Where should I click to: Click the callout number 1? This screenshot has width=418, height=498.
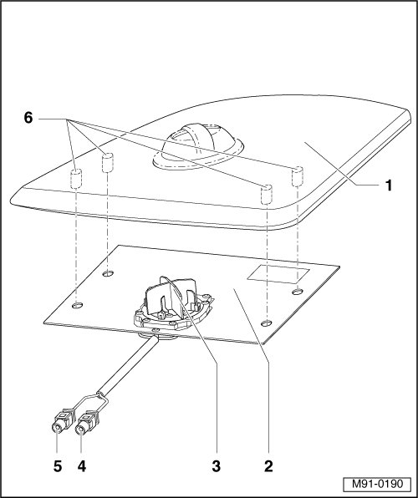click(x=389, y=185)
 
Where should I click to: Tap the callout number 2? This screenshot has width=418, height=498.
click(x=268, y=466)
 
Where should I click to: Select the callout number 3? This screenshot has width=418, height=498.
click(x=217, y=466)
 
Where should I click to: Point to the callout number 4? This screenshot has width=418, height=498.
click(x=81, y=466)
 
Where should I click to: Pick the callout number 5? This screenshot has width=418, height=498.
click(x=58, y=466)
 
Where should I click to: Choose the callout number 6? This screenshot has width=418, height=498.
click(x=28, y=118)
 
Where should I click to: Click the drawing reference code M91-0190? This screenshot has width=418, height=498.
click(x=377, y=484)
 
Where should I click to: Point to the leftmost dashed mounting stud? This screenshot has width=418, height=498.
click(x=76, y=179)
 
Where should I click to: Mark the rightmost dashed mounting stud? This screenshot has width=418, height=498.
click(x=298, y=176)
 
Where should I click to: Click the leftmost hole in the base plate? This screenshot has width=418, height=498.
click(x=78, y=306)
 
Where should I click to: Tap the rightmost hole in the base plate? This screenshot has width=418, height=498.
click(x=298, y=292)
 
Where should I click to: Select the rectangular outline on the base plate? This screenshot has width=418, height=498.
click(x=278, y=273)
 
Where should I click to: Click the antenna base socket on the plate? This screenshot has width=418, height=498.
click(x=173, y=306)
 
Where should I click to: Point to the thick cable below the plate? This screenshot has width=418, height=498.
click(x=127, y=363)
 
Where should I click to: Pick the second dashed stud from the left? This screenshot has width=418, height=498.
click(x=108, y=163)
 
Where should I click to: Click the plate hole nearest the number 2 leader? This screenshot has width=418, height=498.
click(x=267, y=323)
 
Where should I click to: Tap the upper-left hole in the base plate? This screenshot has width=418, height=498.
click(x=108, y=273)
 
